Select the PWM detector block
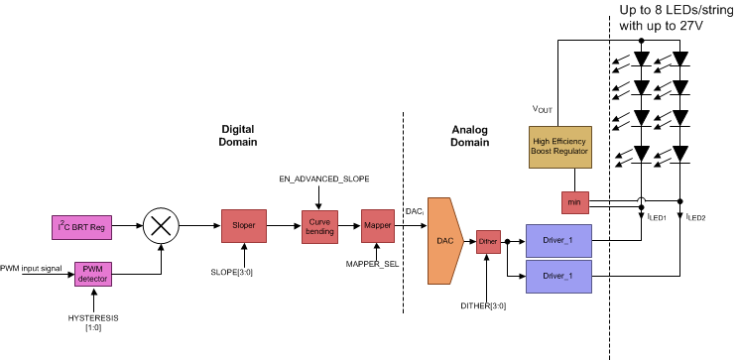click(x=94, y=273)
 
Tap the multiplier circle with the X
click(x=159, y=227)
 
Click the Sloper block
click(x=244, y=226)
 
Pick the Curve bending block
click(x=320, y=227)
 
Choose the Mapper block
click(x=378, y=226)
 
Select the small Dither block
click(x=488, y=241)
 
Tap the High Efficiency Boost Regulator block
click(x=561, y=147)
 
